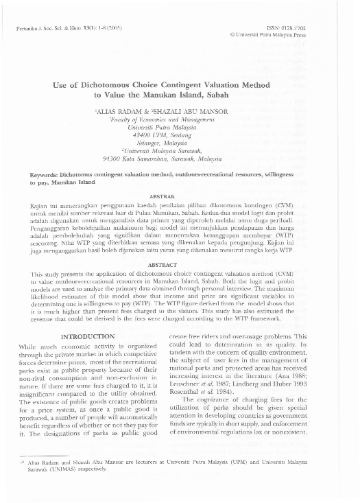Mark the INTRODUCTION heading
(88, 336)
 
